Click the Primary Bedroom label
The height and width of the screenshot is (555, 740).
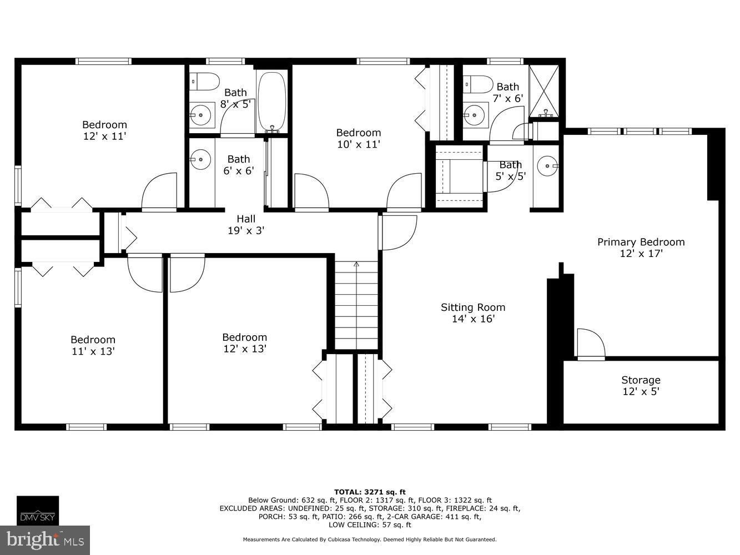[641, 242]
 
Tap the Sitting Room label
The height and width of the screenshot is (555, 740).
[473, 307]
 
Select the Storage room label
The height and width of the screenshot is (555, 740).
[641, 380]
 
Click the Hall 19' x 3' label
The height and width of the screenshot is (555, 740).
[246, 224]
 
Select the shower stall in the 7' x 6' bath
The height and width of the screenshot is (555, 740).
[543, 90]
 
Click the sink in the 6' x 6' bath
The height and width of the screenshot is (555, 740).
[200, 160]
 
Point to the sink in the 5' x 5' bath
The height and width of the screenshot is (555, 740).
[548, 165]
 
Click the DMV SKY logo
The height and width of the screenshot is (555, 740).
[37, 510]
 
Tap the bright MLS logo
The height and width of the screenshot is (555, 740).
[46, 539]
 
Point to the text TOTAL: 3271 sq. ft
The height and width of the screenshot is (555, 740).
[370, 492]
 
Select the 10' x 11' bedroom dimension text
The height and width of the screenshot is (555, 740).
[358, 144]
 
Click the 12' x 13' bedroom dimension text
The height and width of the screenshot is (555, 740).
[244, 349]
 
